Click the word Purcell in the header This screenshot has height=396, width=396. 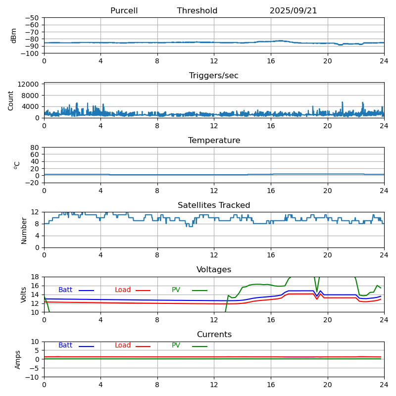(x=124, y=11)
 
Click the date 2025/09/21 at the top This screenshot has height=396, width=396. (x=293, y=11)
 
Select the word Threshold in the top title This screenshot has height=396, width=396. (x=197, y=11)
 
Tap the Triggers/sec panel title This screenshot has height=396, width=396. (x=214, y=76)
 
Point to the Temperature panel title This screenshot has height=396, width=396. (x=214, y=141)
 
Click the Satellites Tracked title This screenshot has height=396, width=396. (x=214, y=205)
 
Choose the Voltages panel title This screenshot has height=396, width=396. (x=214, y=270)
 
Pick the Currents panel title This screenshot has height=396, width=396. (x=214, y=335)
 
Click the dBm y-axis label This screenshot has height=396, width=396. (x=14, y=36)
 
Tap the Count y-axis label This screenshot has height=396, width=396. (x=11, y=100)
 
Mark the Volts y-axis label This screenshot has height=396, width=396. (x=24, y=295)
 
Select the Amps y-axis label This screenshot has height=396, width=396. (x=18, y=359)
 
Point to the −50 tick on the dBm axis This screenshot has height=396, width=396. (x=32, y=18)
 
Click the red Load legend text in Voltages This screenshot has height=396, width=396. (x=123, y=290)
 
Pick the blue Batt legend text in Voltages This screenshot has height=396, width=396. (x=65, y=290)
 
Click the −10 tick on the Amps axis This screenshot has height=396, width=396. (x=32, y=377)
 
